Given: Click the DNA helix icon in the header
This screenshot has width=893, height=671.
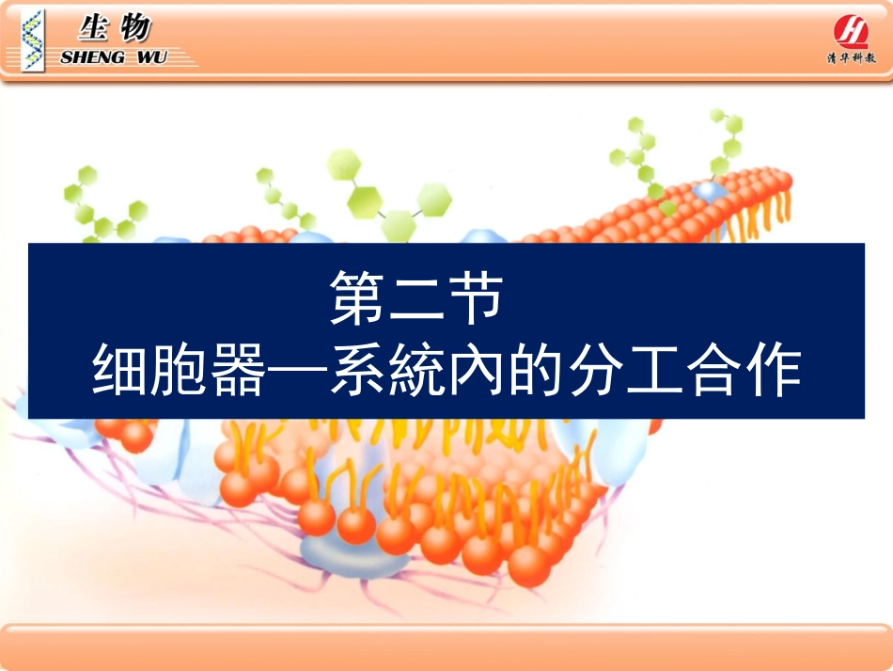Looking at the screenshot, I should (x=35, y=40).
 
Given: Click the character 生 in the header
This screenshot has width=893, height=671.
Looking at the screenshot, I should (x=92, y=29).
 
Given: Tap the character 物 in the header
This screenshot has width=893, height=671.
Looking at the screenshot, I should (x=134, y=29).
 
